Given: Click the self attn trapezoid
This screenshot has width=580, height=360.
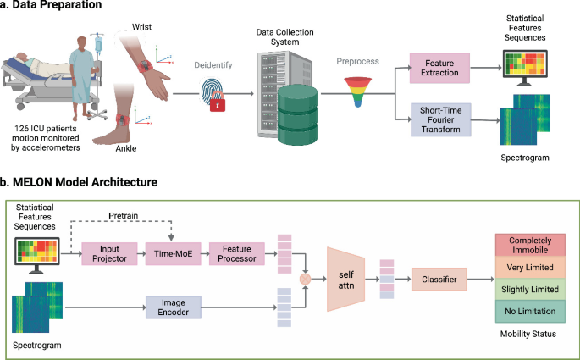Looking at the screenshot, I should (x=347, y=276).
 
